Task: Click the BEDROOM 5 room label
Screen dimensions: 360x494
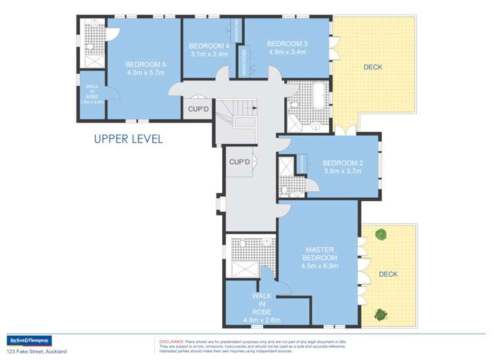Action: click(x=145, y=64)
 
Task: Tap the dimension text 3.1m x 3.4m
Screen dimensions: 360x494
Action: click(x=208, y=54)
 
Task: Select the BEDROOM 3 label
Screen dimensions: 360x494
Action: click(x=287, y=44)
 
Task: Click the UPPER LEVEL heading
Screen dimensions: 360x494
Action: click(x=128, y=139)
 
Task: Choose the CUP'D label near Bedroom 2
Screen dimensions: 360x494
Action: click(x=239, y=162)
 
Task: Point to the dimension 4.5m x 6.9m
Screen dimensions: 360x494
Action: click(x=319, y=266)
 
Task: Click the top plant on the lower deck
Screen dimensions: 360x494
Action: click(x=380, y=234)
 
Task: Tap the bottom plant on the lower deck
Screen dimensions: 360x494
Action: click(x=380, y=315)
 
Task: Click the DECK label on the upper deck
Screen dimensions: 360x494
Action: click(x=373, y=67)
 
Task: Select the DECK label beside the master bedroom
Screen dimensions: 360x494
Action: click(x=388, y=274)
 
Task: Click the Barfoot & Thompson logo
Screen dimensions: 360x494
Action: click(x=28, y=342)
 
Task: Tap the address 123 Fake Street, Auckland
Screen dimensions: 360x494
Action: click(x=37, y=352)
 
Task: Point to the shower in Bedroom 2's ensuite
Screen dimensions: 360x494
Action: click(x=288, y=165)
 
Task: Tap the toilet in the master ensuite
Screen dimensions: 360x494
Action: click(x=243, y=244)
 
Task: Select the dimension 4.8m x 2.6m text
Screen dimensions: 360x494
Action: click(x=262, y=320)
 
